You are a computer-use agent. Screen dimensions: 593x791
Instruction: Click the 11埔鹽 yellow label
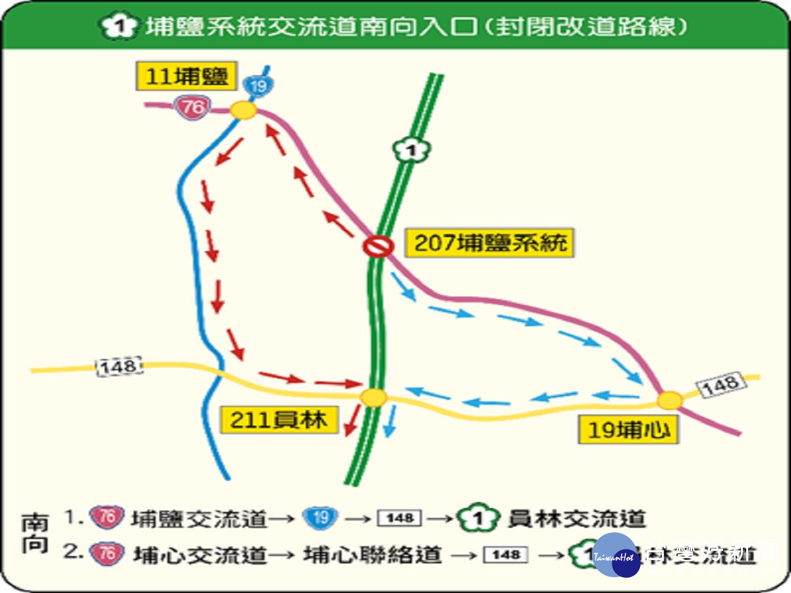pyautogui.click(x=186, y=77)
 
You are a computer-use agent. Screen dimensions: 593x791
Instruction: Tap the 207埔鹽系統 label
pyautogui.click(x=490, y=243)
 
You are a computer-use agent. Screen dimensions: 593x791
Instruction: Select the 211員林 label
pyautogui.click(x=278, y=420)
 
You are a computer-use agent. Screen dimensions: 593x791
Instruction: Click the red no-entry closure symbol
pyautogui.click(x=378, y=246)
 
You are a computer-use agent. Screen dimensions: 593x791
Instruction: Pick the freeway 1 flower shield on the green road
pyautogui.click(x=411, y=151)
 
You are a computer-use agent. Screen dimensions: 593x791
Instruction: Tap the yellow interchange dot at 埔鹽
pyautogui.click(x=243, y=111)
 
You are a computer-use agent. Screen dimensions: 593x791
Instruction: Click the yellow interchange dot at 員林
pyautogui.click(x=374, y=397)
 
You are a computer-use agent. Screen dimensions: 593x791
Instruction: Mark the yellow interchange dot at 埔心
pyautogui.click(x=670, y=400)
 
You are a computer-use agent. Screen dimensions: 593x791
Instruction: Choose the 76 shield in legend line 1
pyautogui.click(x=110, y=518)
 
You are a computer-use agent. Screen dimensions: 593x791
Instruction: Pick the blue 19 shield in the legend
pyautogui.click(x=321, y=518)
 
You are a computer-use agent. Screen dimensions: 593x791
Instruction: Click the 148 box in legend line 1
pyautogui.click(x=399, y=519)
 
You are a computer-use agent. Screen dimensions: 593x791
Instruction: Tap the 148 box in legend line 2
pyautogui.click(x=506, y=554)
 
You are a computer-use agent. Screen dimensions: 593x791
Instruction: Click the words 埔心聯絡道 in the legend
pyautogui.click(x=373, y=554)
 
